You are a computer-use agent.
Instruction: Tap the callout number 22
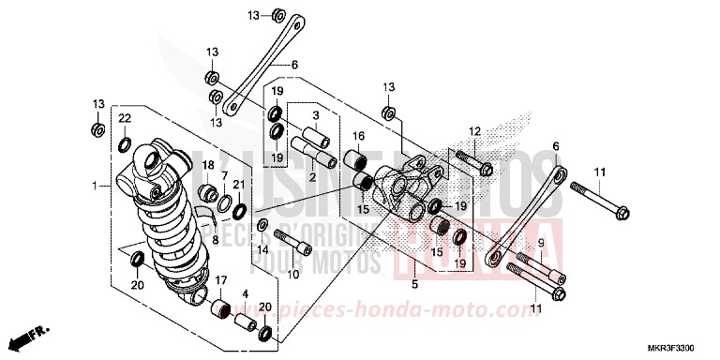[x=124, y=118]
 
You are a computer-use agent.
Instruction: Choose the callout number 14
[x=263, y=250]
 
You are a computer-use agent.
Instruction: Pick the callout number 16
[x=357, y=136]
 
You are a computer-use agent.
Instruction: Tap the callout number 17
[x=221, y=281]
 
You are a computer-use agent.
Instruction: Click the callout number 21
[x=239, y=184]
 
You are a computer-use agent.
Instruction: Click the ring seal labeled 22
[x=125, y=143]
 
